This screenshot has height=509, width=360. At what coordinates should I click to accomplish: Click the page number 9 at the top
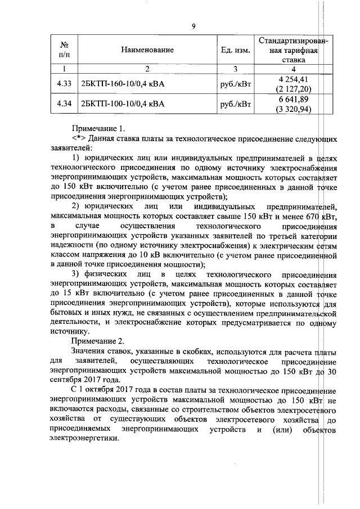193,26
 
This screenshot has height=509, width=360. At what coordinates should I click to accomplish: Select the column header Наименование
147,50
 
